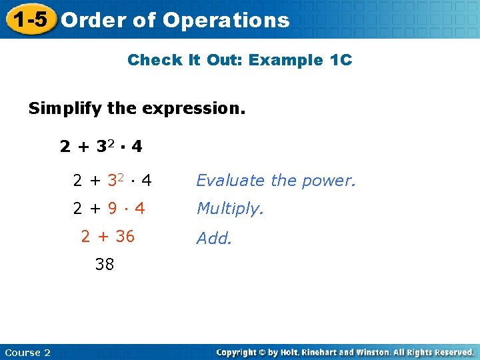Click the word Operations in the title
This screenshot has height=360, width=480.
226,21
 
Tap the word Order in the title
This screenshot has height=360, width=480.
93,20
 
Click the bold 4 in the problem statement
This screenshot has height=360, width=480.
137,146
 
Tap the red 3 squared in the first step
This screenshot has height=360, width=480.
114,180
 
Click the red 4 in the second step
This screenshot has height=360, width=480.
140,209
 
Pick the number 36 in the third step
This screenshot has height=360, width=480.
125,236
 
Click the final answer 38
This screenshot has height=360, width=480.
105,264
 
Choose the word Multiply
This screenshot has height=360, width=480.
230,209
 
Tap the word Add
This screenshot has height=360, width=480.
214,238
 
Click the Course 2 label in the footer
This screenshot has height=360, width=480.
27,353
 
